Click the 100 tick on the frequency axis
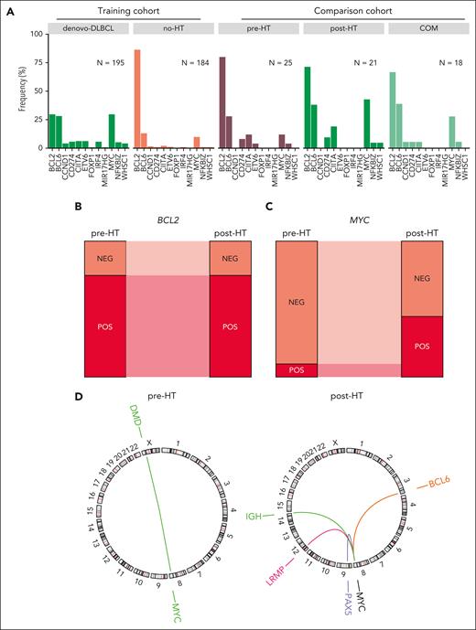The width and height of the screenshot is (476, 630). tap(37, 34)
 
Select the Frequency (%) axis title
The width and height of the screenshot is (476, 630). tap(11, 90)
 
